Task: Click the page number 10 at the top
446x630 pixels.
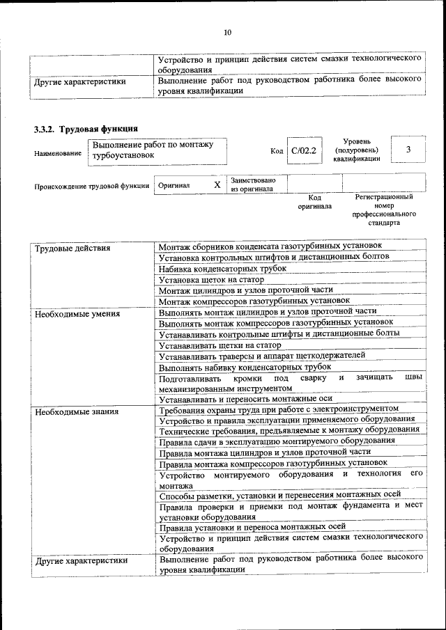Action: point(227,32)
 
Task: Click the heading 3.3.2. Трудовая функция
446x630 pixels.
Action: point(86,129)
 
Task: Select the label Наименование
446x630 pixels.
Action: point(57,153)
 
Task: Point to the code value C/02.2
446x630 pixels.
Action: point(304,150)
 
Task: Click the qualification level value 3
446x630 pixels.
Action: point(408,150)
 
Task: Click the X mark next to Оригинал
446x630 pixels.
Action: point(217,184)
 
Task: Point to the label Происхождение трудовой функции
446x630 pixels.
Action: point(91,186)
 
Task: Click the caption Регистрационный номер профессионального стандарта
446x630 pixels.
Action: point(384,211)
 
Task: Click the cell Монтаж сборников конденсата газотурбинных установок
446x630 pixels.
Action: point(270,246)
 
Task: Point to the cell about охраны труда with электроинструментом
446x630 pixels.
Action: point(279,409)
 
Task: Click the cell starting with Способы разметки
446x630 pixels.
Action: point(279,496)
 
